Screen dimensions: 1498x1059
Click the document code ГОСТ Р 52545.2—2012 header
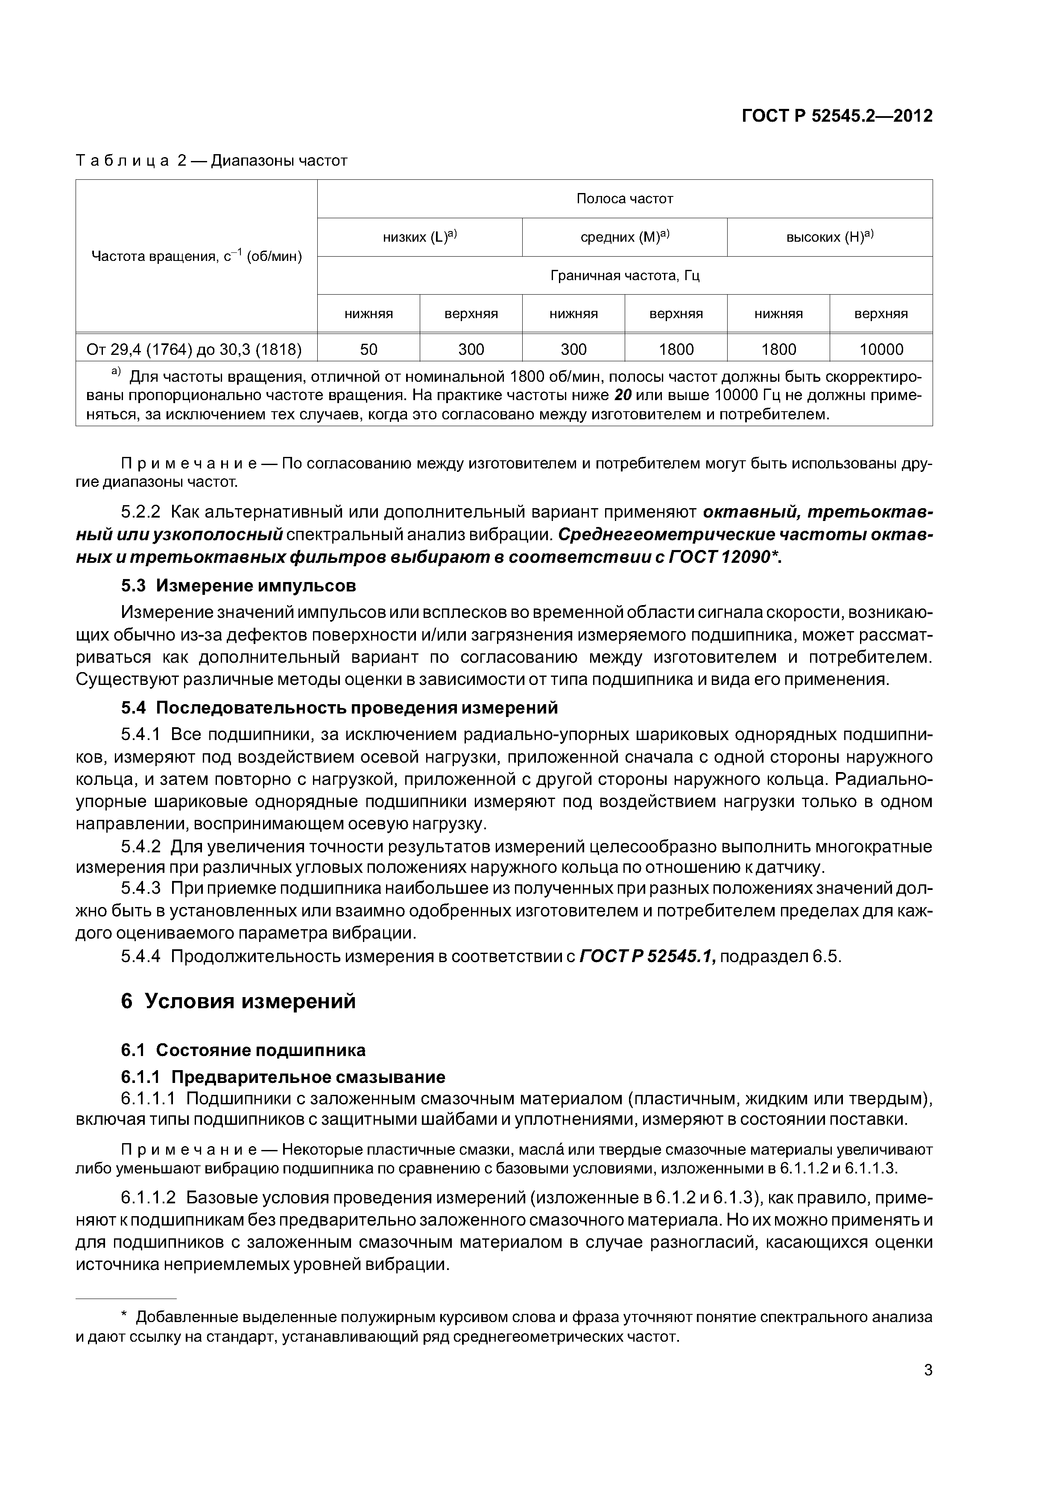pyautogui.click(x=837, y=116)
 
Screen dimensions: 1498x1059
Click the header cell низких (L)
pyautogui.click(x=420, y=237)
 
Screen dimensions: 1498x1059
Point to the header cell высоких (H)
pyautogui.click(x=829, y=237)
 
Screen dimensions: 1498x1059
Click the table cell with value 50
pyautogui.click(x=369, y=350)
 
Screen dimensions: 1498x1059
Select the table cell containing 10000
pyautogui.click(x=881, y=350)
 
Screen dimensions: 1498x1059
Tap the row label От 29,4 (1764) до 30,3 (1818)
pyautogui.click(x=194, y=350)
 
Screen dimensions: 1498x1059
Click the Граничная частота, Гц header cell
pyautogui.click(x=624, y=276)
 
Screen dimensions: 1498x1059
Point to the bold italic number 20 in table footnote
pyautogui.click(x=623, y=396)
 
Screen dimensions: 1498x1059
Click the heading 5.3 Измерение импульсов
pyautogui.click(x=238, y=586)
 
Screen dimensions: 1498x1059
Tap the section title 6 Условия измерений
pyautogui.click(x=238, y=1001)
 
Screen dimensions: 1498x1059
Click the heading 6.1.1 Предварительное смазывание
pyautogui.click(x=283, y=1077)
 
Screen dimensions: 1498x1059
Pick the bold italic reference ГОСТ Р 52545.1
pyautogui.click(x=648, y=957)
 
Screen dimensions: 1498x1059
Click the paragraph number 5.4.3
pyautogui.click(x=141, y=889)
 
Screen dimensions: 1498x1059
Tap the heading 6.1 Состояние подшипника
pyautogui.click(x=243, y=1050)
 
